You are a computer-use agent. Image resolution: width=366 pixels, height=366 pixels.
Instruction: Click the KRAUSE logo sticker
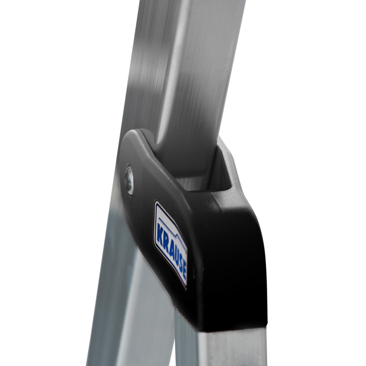tap(171, 245)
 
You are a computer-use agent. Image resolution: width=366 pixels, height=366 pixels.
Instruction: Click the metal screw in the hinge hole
tap(129, 179)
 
